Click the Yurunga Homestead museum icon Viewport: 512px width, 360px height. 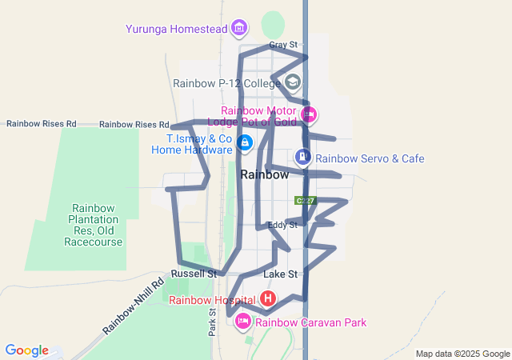238,29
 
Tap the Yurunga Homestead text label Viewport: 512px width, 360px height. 176,30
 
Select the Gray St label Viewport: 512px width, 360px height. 283,46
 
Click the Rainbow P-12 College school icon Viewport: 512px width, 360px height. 294,82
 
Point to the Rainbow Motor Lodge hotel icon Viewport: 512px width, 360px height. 308,115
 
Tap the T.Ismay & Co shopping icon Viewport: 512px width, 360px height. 245,144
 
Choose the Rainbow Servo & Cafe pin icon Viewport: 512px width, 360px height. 303,158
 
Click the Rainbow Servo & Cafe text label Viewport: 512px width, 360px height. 370,158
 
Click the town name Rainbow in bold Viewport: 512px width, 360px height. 264,174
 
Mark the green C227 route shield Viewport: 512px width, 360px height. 305,201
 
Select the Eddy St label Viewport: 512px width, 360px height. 282,226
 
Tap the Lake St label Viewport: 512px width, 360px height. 280,274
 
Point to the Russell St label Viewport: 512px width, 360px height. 199,274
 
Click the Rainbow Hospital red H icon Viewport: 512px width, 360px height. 268,300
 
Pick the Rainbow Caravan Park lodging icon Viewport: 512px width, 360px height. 242,322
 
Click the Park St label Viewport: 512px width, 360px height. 213,322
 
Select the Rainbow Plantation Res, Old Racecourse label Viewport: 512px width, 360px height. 95,225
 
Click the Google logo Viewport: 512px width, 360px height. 26,350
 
